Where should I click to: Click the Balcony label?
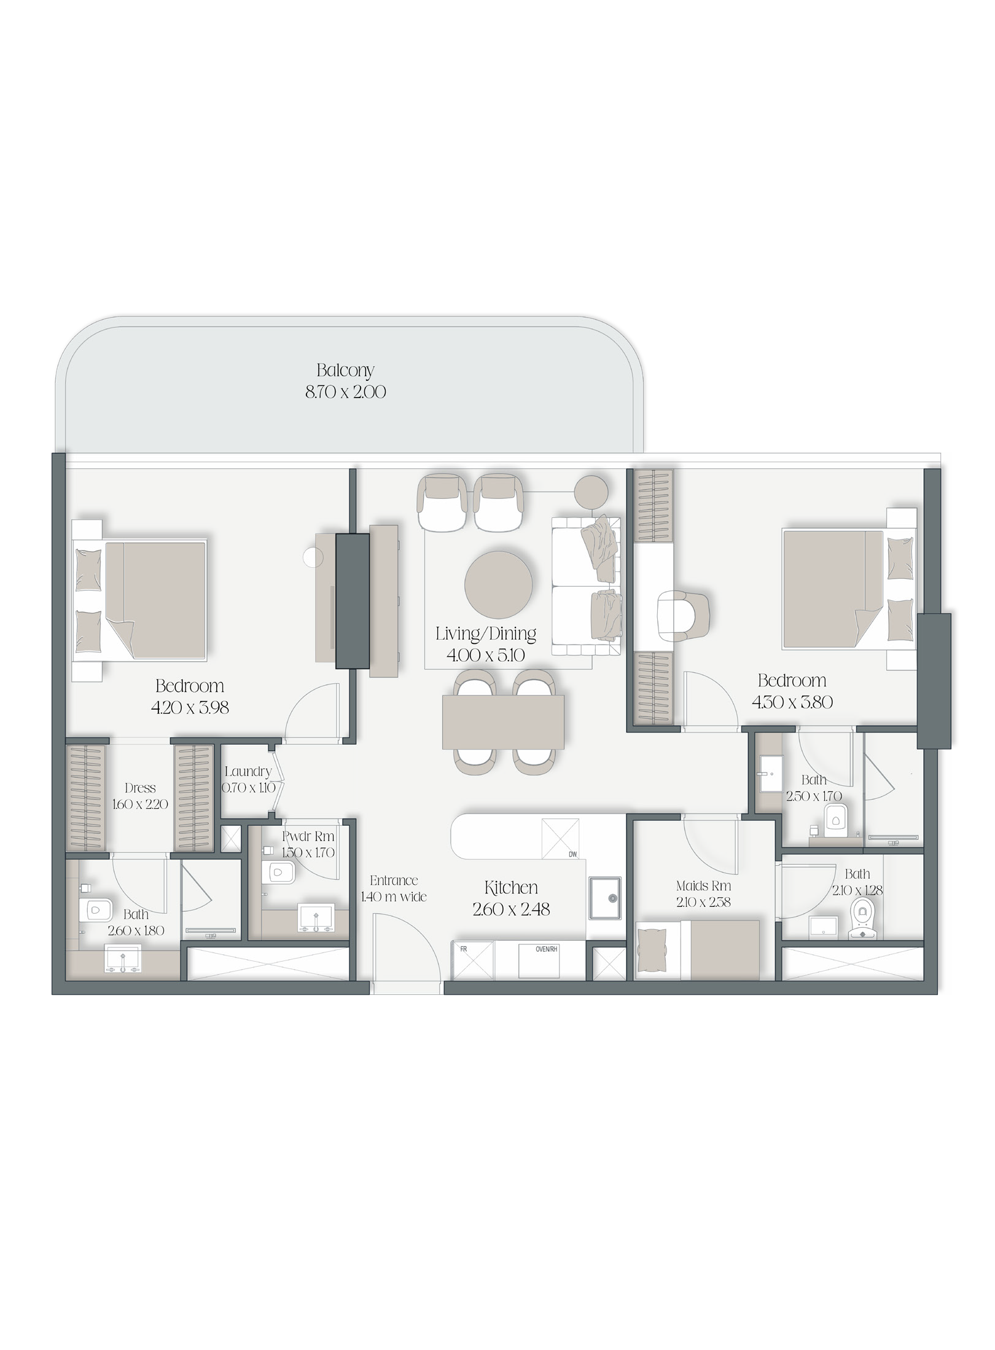click(345, 371)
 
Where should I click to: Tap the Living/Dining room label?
click(486, 634)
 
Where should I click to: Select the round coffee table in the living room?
click(499, 584)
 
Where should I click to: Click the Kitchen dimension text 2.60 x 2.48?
click(511, 909)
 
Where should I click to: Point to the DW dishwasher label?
click(572, 854)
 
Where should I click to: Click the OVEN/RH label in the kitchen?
click(546, 949)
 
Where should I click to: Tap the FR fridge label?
click(464, 949)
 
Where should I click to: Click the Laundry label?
click(248, 772)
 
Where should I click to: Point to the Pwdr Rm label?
click(308, 836)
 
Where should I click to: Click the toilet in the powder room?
click(280, 871)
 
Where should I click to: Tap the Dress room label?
click(140, 788)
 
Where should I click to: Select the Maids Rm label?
click(703, 886)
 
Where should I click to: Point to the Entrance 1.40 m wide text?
click(394, 889)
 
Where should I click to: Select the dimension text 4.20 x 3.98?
click(190, 707)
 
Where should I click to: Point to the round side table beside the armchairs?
click(591, 492)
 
